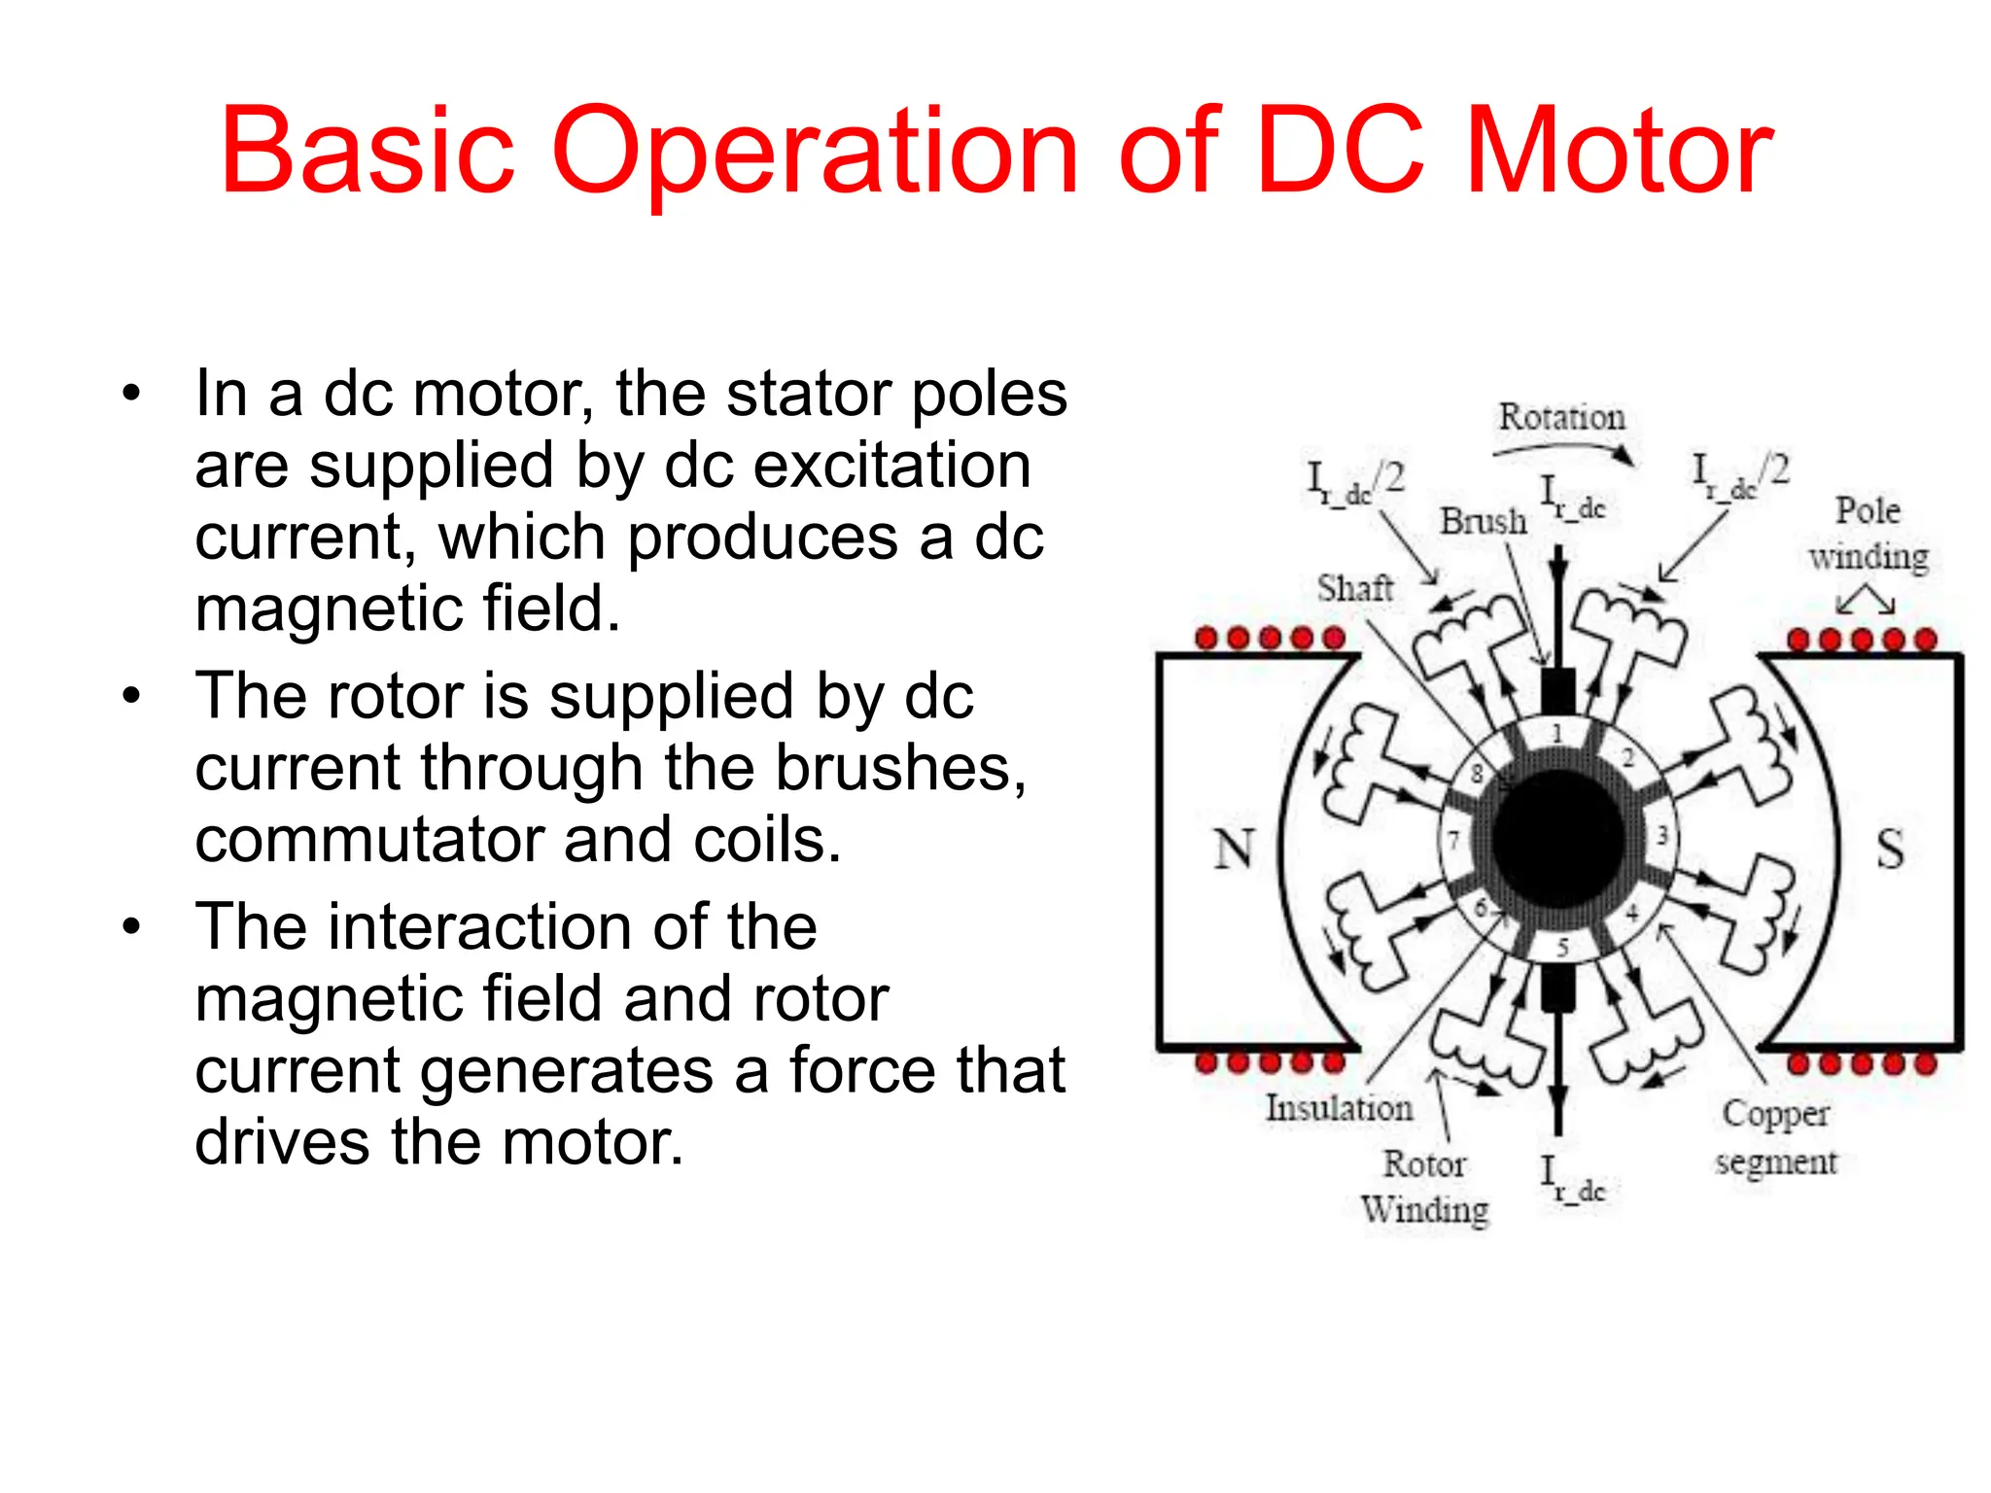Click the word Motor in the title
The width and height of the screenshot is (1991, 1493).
1619,152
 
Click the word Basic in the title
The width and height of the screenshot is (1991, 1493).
367,152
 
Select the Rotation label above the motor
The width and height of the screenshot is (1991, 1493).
1561,417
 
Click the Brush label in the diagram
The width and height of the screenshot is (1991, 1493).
1483,521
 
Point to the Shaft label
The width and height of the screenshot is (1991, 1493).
1354,588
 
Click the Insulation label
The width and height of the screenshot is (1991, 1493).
1339,1107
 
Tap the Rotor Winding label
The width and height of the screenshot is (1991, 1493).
1424,1186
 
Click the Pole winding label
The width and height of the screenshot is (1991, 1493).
1868,534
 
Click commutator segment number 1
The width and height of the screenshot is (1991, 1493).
1557,733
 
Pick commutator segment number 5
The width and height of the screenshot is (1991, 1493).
1562,947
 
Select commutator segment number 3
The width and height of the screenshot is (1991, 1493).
1661,835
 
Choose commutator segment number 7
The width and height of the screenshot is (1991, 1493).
1453,840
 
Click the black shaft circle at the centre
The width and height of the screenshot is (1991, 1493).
1558,839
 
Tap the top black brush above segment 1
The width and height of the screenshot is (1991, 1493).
1558,692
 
